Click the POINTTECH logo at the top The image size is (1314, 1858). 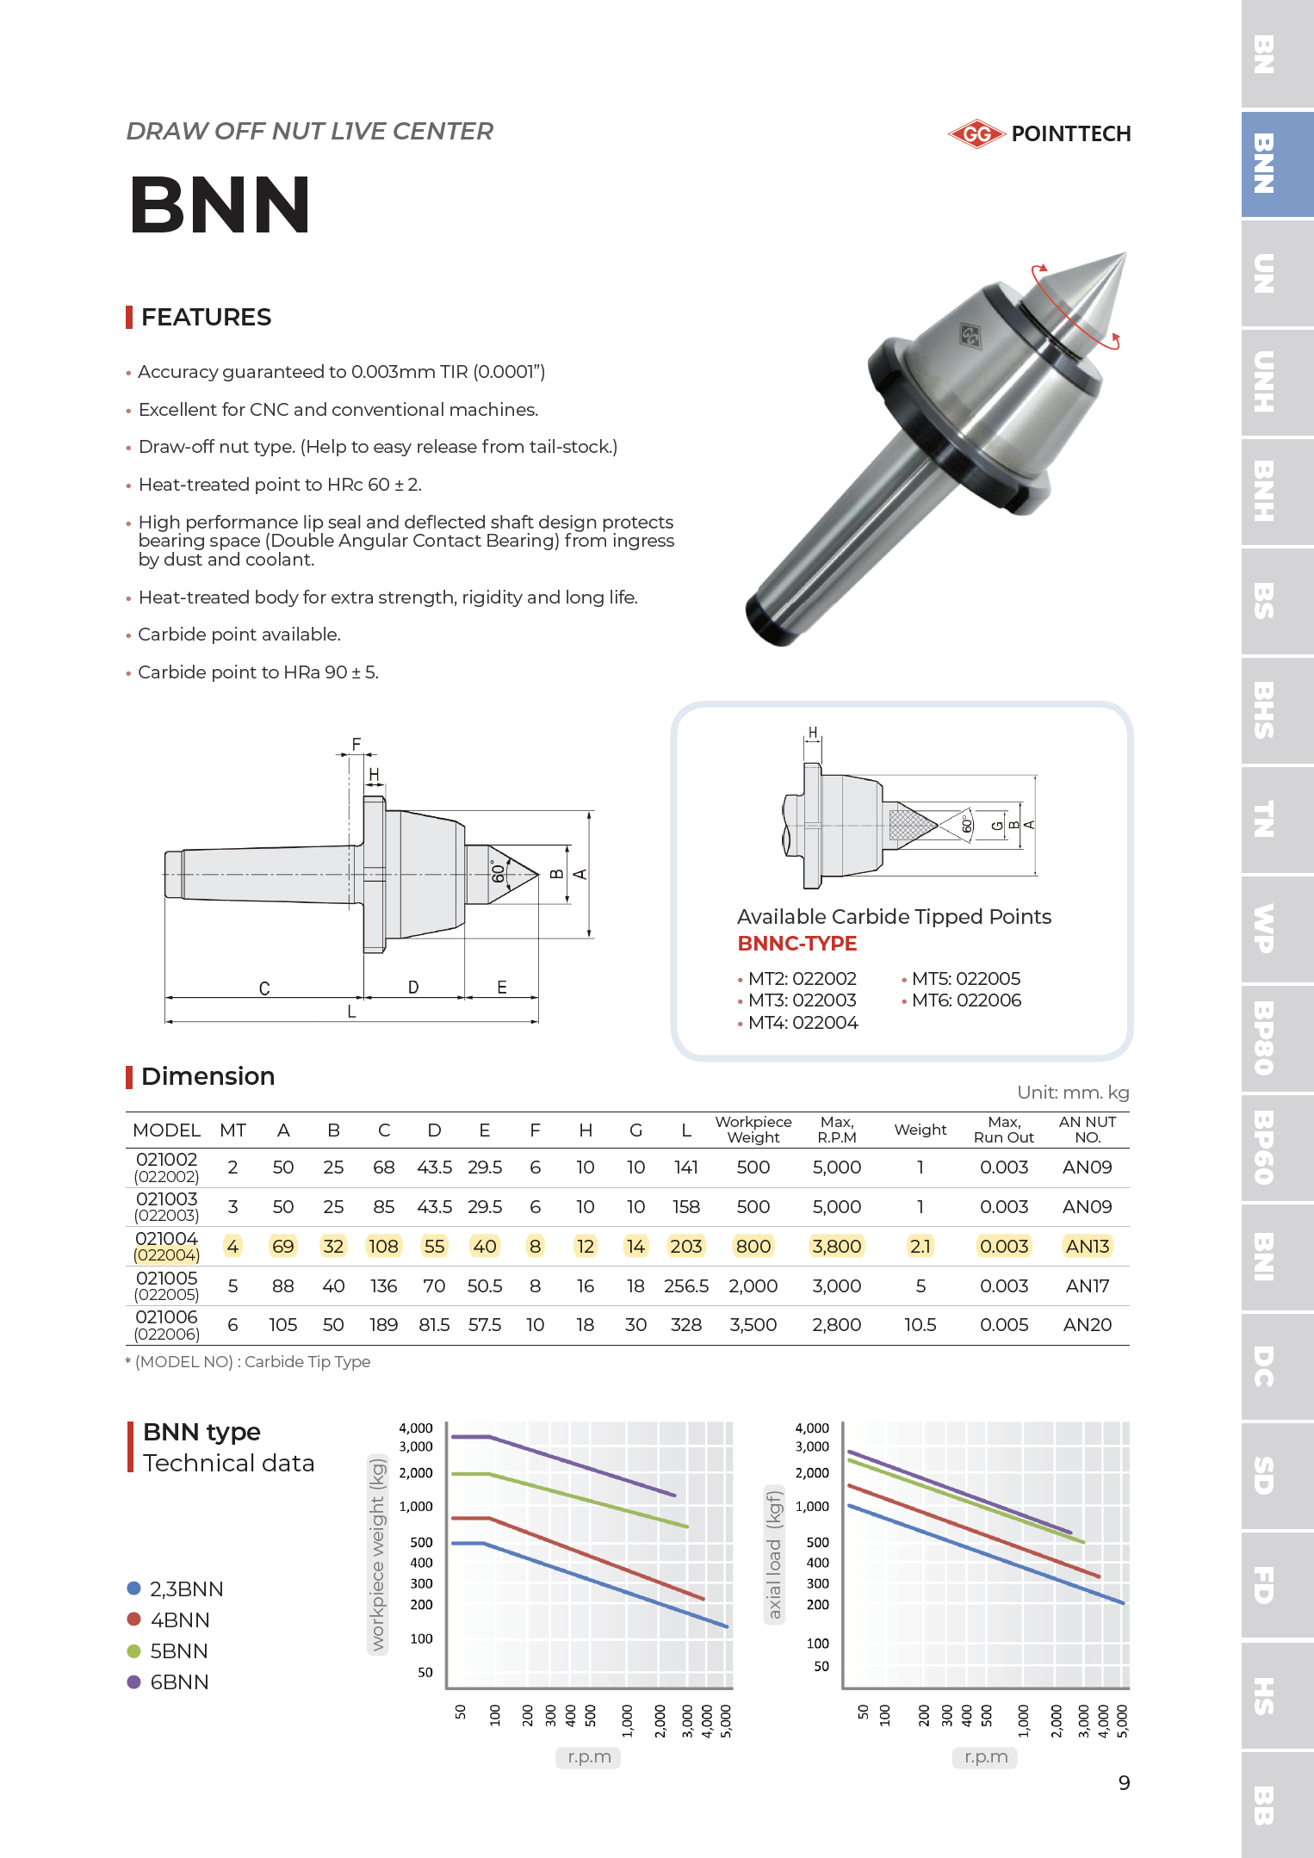point(1039,133)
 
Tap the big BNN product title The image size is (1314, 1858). point(220,205)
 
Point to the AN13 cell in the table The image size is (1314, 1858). point(1087,1246)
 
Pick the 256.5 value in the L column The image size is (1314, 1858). point(685,1285)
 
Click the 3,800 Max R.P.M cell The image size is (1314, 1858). point(836,1246)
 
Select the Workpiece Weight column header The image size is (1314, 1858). point(753,1130)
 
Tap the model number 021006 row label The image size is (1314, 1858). point(166,1317)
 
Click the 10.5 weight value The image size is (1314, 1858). point(920,1325)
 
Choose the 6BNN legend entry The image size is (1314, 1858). point(179,1681)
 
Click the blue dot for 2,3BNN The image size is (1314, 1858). point(133,1588)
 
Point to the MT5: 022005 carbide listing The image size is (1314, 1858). point(965,979)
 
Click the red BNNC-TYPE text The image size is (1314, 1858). point(796,944)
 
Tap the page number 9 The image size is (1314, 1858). point(1124,1782)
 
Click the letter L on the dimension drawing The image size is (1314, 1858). point(351,1012)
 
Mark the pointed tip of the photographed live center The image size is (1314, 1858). point(1123,254)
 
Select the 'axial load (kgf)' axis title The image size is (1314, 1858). point(774,1554)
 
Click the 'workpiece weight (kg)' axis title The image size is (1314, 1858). point(377,1554)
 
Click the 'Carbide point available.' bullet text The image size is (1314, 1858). point(239,635)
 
